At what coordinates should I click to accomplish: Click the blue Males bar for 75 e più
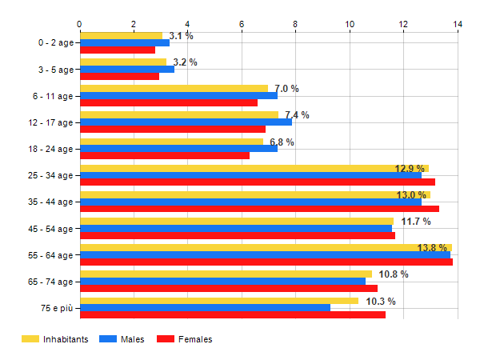[x=205, y=308]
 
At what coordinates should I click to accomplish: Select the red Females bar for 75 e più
[x=232, y=314]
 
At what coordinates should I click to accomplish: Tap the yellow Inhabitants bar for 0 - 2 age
[x=121, y=36]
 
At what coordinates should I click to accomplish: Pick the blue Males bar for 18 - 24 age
[x=178, y=148]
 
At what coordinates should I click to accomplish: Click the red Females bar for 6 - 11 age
[x=168, y=102]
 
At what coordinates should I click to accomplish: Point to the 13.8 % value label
[x=432, y=248]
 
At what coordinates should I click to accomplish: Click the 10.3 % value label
[x=381, y=302]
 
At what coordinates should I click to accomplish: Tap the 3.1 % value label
[x=181, y=36]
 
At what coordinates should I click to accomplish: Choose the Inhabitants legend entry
[x=55, y=339]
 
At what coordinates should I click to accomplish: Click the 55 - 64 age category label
[x=50, y=255]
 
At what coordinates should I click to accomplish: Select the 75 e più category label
[x=55, y=309]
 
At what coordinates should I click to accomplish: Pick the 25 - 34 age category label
[x=50, y=175]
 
